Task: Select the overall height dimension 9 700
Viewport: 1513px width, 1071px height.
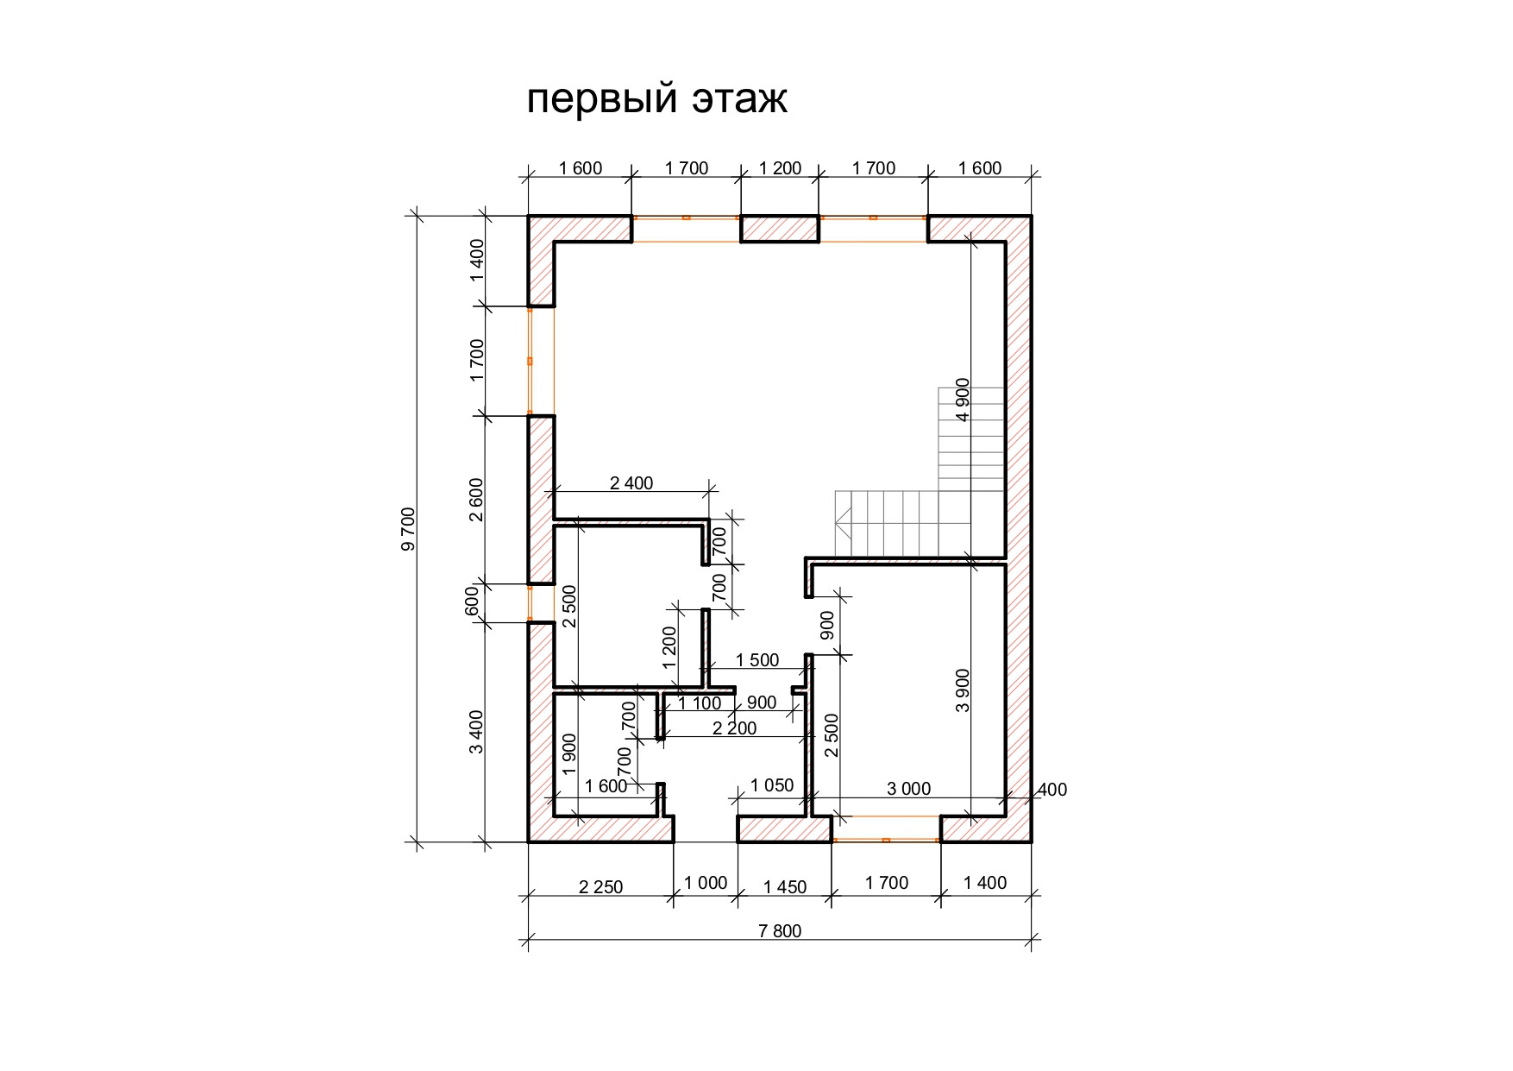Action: tap(408, 528)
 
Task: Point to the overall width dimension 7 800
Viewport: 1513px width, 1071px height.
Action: tap(780, 931)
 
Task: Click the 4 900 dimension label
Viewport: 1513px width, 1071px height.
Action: tap(964, 399)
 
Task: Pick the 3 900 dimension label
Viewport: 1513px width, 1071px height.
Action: tap(964, 690)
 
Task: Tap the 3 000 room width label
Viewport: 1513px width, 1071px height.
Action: tap(909, 789)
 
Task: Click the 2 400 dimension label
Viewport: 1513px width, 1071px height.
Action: tap(631, 483)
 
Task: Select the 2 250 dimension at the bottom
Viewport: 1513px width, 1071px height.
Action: tap(600, 887)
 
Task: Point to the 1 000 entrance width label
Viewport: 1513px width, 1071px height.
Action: tap(706, 884)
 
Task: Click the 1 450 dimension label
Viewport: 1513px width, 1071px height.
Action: tap(785, 887)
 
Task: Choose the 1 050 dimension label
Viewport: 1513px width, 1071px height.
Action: tap(772, 785)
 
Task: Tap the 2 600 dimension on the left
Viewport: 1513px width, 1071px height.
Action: tap(476, 500)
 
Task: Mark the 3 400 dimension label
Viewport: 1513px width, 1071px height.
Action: tap(476, 731)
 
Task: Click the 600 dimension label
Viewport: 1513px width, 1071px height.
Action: tap(471, 601)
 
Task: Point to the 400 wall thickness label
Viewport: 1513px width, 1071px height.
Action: tap(1052, 790)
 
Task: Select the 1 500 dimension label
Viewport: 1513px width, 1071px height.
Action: tap(756, 660)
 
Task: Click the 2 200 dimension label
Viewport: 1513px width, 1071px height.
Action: tap(734, 728)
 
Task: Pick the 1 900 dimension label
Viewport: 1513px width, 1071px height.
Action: tap(569, 755)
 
